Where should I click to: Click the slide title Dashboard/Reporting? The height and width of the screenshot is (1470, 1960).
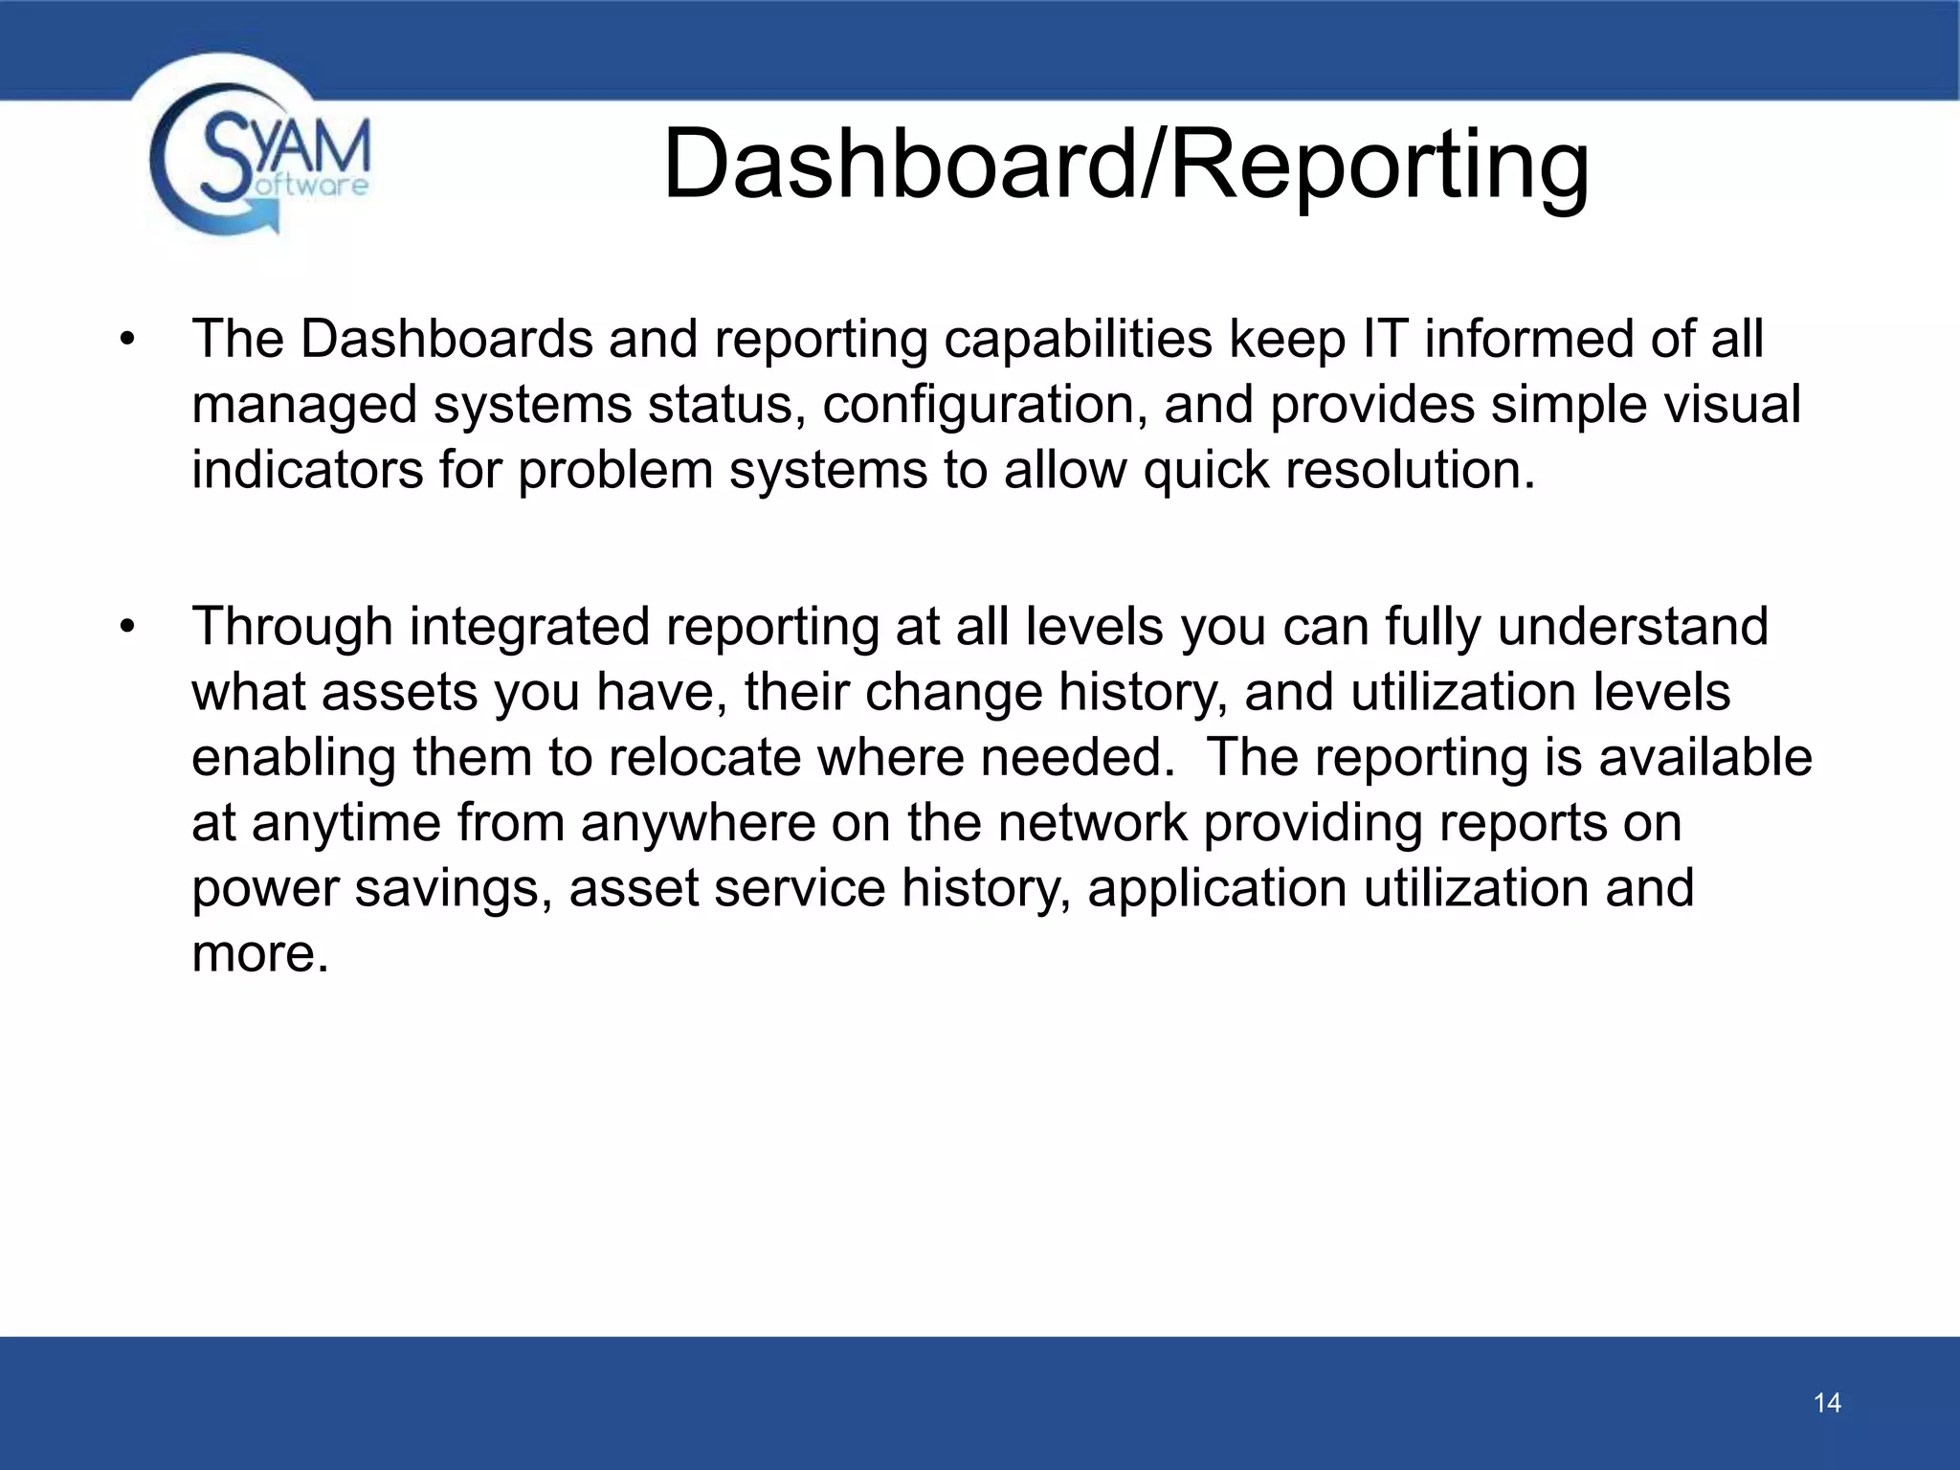[x=1125, y=165]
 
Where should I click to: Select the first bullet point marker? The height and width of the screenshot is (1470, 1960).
[x=127, y=341]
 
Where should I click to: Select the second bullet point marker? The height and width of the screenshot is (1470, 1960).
[x=127, y=628]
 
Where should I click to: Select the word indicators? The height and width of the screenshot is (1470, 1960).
[x=306, y=469]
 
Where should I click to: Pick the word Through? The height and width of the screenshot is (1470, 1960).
[x=292, y=628]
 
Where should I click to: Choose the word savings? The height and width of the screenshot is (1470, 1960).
[x=454, y=889]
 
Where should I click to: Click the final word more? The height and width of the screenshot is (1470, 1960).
[x=260, y=954]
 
